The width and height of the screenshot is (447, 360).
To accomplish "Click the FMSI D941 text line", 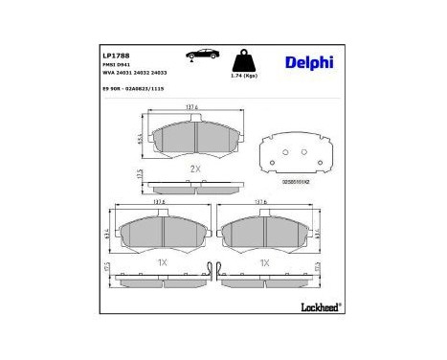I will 116,64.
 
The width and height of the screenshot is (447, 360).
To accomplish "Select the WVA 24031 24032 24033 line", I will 134,72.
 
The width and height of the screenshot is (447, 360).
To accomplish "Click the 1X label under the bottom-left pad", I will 163,259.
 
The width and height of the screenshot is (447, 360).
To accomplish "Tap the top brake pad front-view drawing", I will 195,140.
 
